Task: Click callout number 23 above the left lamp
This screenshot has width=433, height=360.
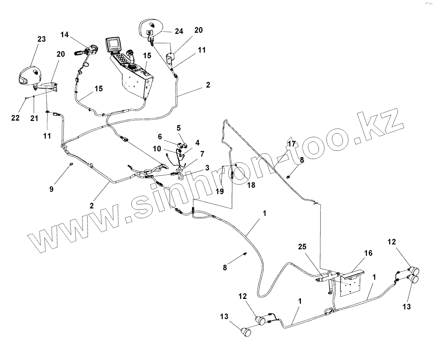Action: point(42,39)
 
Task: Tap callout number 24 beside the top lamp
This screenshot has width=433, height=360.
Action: point(179,31)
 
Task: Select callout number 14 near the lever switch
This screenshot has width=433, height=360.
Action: point(65,34)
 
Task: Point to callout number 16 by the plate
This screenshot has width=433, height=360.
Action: point(368,253)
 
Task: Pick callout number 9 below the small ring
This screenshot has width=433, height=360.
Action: point(51,189)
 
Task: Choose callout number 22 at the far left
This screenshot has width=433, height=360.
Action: point(15,118)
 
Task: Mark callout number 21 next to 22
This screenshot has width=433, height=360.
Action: point(34,118)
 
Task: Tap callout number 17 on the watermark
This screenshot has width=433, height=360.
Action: point(292,144)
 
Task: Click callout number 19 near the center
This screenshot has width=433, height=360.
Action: point(220,191)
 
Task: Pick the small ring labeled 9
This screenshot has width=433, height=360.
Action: point(71,164)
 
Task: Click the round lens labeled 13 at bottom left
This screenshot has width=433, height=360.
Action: point(246,332)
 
